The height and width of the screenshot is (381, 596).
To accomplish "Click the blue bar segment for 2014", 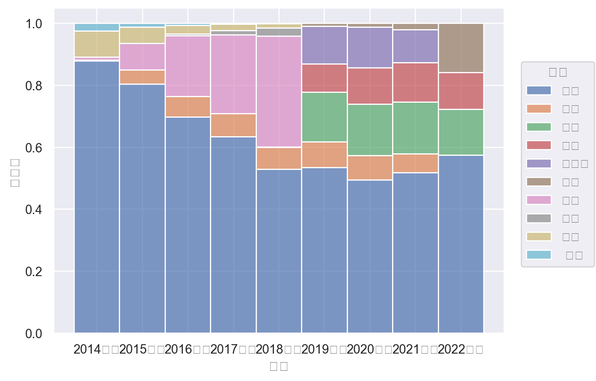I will [x=97, y=197].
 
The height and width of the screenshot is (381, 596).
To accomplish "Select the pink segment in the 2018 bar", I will [x=279, y=92].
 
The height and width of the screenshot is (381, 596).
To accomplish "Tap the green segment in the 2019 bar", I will [x=324, y=117].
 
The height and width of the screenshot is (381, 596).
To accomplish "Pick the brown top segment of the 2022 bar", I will [x=461, y=48].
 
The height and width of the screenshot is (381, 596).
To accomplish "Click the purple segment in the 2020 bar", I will [x=370, y=48].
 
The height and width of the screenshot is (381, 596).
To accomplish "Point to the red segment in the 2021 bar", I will [x=415, y=82].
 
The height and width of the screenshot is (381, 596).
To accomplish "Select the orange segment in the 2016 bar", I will [x=188, y=107].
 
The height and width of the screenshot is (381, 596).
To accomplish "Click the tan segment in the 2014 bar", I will [x=97, y=44].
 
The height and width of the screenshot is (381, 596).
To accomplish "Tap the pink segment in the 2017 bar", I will [x=233, y=74].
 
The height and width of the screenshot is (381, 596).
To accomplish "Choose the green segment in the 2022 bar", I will [x=461, y=132].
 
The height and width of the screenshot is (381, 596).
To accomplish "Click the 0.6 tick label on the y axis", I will [x=34, y=148].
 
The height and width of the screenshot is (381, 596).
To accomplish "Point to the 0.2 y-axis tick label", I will [x=34, y=272].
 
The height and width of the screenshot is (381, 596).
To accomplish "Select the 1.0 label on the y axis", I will [x=34, y=24].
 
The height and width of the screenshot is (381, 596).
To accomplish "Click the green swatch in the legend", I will [x=539, y=127].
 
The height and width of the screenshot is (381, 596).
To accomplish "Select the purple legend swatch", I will [x=539, y=164].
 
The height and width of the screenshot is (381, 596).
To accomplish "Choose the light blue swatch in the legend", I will [x=539, y=255].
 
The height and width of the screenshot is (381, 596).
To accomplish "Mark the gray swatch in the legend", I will [x=539, y=218].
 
